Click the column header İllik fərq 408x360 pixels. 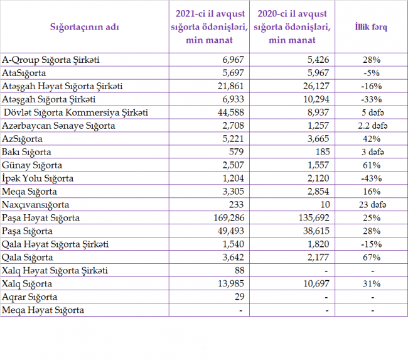pyautogui.click(x=371, y=27)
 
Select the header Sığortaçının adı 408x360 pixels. pyautogui.click(x=85, y=27)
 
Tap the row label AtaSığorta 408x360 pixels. pyautogui.click(x=24, y=73)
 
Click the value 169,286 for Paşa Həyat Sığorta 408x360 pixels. pyautogui.click(x=229, y=218)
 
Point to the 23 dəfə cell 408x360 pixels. pyautogui.click(x=372, y=205)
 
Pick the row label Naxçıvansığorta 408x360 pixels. pyautogui.click(x=35, y=205)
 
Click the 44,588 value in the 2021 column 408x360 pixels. pyautogui.click(x=231, y=112)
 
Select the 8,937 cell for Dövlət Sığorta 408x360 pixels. pyautogui.click(x=318, y=112)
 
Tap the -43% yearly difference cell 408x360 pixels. pyautogui.click(x=372, y=178)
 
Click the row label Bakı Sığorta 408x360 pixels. pyautogui.click(x=26, y=152)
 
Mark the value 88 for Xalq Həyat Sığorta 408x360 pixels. pyautogui.click(x=239, y=270)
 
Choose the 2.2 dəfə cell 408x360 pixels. pyautogui.click(x=373, y=126)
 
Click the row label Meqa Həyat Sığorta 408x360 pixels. pyautogui.click(x=43, y=310)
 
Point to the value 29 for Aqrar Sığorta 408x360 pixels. pyautogui.click(x=239, y=297)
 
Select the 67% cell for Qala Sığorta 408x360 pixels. pyautogui.click(x=372, y=258)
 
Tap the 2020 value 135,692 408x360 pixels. pyautogui.click(x=314, y=218)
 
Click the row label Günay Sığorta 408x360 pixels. pyautogui.click(x=32, y=165)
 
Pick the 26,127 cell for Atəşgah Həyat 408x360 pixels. pyautogui.click(x=316, y=86)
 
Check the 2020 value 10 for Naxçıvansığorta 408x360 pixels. pyautogui.click(x=325, y=205)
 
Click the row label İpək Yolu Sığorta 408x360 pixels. pyautogui.click(x=38, y=178)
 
